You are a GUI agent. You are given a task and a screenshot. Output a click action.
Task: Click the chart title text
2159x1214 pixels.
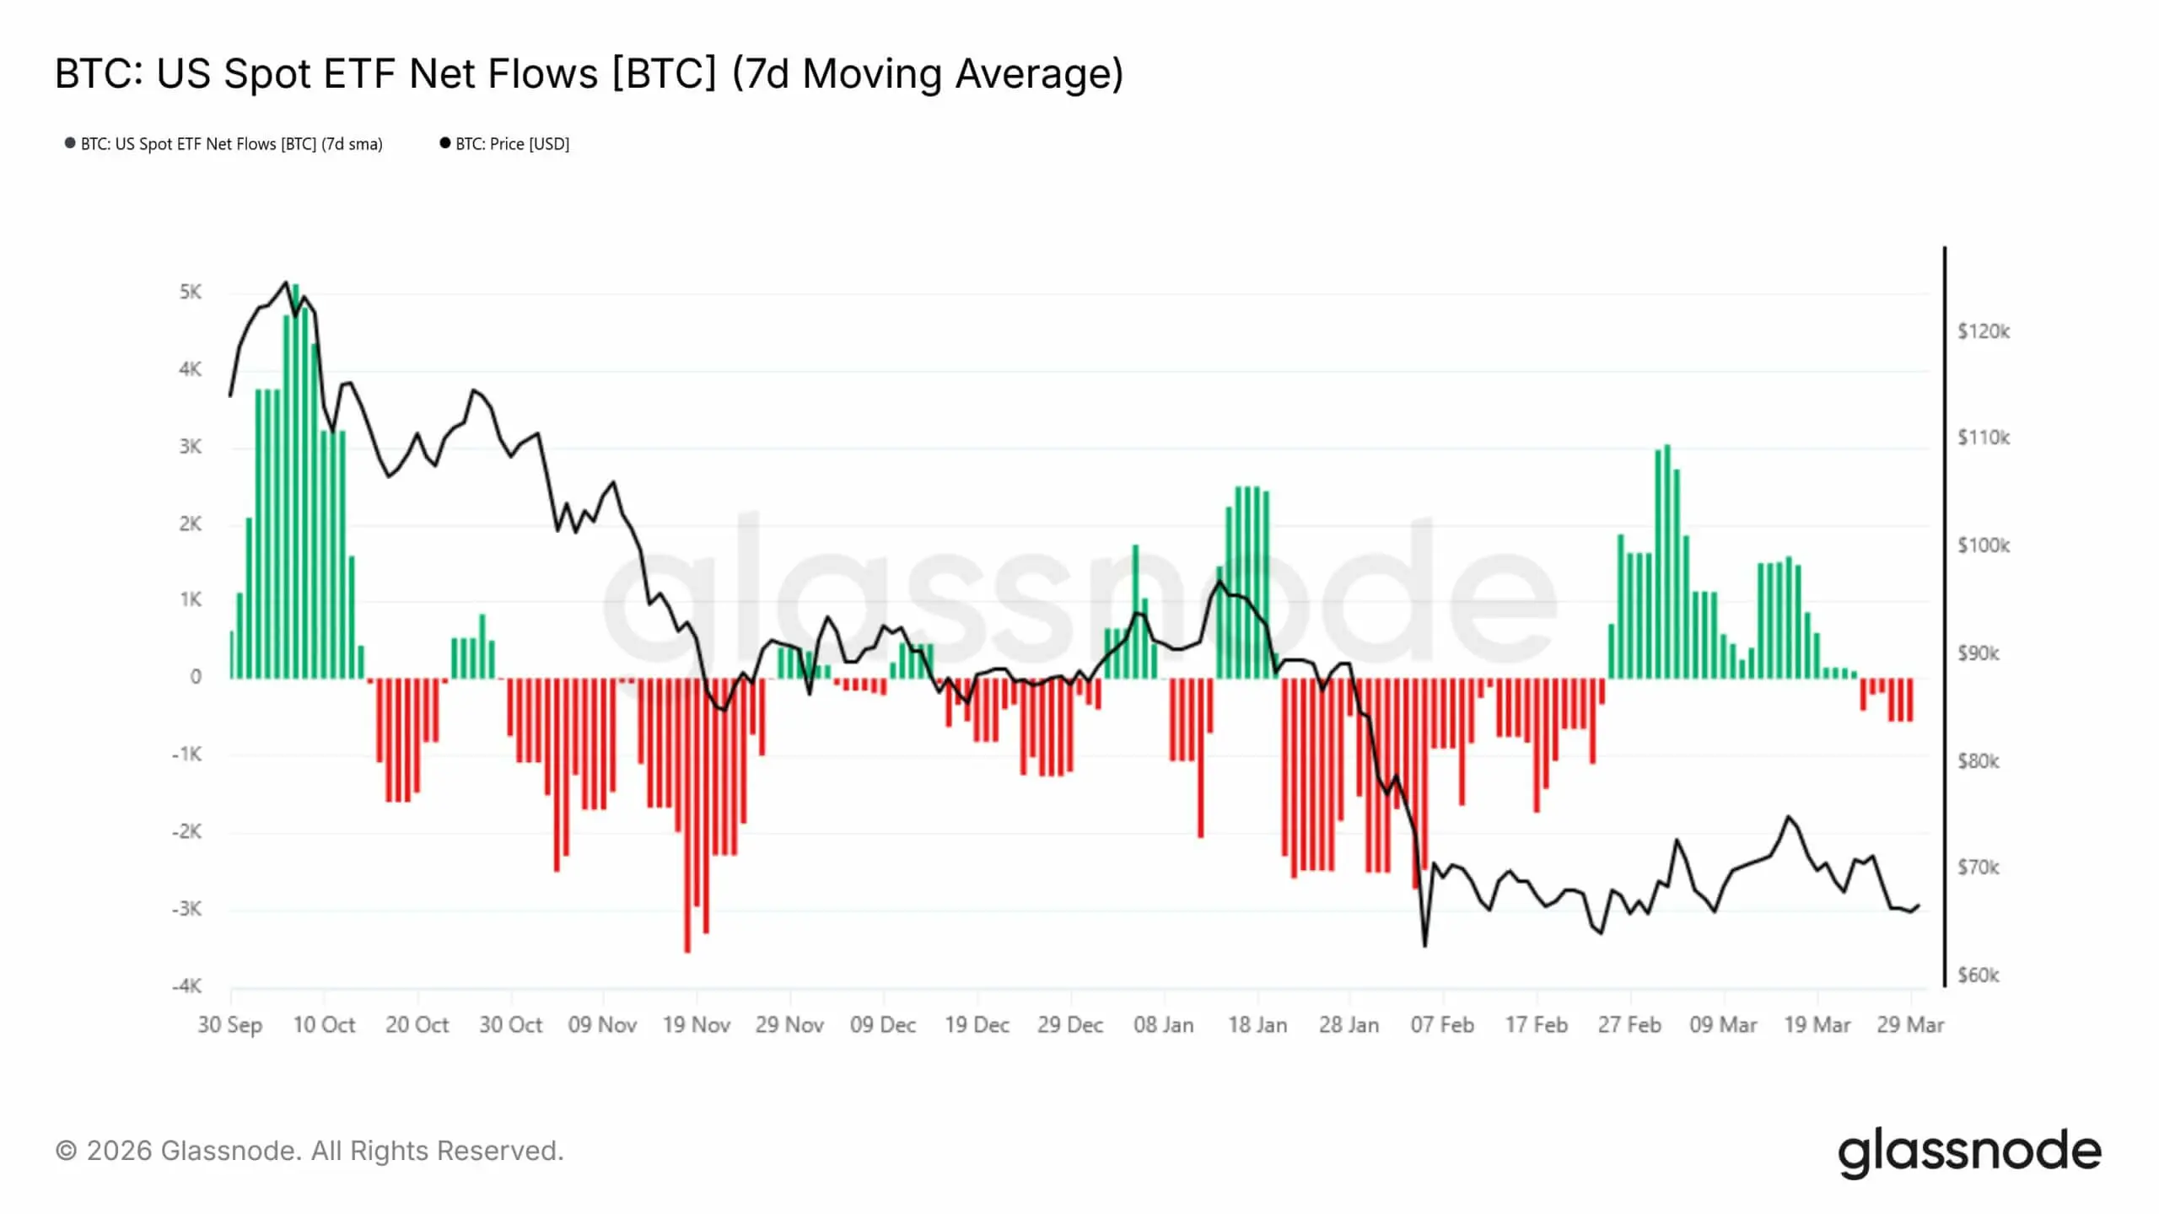pyautogui.click(x=589, y=74)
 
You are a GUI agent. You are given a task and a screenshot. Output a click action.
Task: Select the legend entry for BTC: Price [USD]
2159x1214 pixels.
pyautogui.click(x=511, y=144)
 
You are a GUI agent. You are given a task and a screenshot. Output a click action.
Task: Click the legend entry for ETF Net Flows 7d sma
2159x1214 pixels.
pyautogui.click(x=230, y=144)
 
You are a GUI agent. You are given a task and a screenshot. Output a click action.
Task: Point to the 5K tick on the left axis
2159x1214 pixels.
pyautogui.click(x=191, y=293)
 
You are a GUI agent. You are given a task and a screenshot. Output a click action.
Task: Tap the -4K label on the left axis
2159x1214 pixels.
pyautogui.click(x=187, y=986)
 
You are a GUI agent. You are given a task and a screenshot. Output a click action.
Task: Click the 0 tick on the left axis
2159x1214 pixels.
pyautogui.click(x=196, y=677)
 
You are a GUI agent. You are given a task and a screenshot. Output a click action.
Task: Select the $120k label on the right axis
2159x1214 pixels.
pyautogui.click(x=1983, y=331)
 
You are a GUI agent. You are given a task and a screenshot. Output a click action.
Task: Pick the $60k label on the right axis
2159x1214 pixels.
pyautogui.click(x=1978, y=975)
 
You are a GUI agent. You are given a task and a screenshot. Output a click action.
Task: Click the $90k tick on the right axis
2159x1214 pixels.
pyautogui.click(x=1978, y=653)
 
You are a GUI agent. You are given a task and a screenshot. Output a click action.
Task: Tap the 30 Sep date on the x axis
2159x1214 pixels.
pyautogui.click(x=230, y=1025)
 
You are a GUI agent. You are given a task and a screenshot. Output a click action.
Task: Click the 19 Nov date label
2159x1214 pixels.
pyautogui.click(x=696, y=1025)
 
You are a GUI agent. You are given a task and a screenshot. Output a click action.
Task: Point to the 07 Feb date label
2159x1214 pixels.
pyautogui.click(x=1442, y=1025)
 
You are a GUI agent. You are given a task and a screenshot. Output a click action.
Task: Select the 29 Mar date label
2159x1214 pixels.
pyautogui.click(x=1910, y=1025)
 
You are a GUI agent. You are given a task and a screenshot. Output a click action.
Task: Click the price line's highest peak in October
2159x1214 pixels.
pyautogui.click(x=285, y=282)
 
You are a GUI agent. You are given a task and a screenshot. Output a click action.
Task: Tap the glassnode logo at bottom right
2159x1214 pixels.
pyautogui.click(x=1969, y=1152)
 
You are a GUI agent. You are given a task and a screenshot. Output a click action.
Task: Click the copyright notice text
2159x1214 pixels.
pyautogui.click(x=310, y=1152)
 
